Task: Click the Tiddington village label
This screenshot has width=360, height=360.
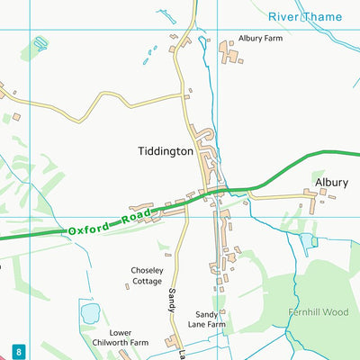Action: point(166,152)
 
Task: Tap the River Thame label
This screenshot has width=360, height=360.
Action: point(305,16)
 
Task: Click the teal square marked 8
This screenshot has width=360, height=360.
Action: point(18,350)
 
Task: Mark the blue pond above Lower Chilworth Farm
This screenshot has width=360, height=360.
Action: point(90,313)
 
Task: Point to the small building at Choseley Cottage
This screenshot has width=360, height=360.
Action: point(126,286)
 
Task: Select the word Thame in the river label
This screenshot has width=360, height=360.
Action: point(323,16)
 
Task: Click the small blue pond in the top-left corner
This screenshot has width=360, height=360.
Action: point(40,42)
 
